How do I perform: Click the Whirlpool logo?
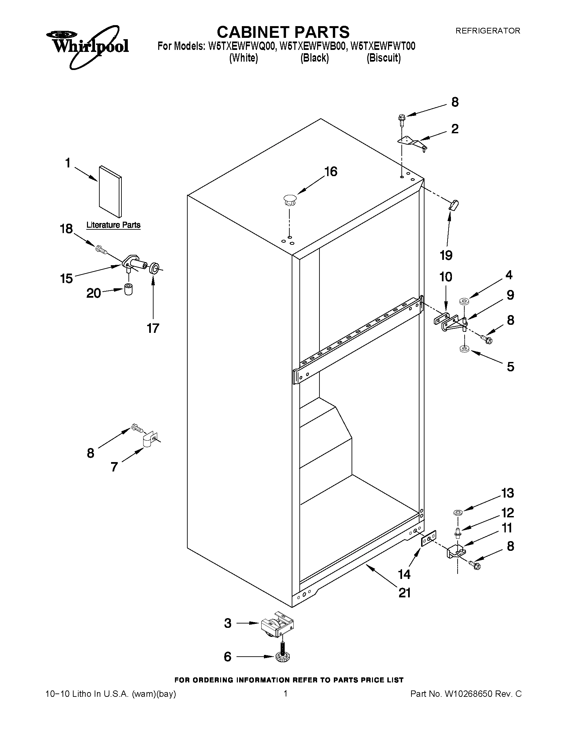(87, 46)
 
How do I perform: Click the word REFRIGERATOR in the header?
(488, 31)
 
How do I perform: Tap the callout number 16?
(330, 171)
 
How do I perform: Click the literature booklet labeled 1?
(110, 191)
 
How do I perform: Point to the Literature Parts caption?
(113, 225)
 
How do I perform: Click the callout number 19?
(446, 255)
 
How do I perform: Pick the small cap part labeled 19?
(454, 205)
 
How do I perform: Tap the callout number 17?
(153, 328)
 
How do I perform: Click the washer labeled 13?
(458, 513)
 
